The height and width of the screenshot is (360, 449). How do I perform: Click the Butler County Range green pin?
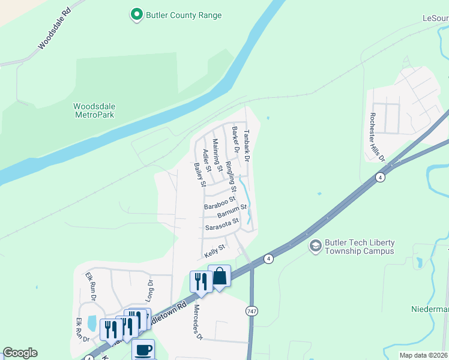point(137,14)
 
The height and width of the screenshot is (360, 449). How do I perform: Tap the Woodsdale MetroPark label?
point(94,111)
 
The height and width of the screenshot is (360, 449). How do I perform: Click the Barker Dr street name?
point(236,140)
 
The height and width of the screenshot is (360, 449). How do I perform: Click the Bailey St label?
point(200,174)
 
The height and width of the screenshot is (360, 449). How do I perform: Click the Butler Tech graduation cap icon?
point(315,245)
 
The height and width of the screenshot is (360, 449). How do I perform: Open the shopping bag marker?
point(219,277)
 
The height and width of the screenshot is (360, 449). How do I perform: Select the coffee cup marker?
point(143,349)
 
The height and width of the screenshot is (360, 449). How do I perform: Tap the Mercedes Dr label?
point(197,322)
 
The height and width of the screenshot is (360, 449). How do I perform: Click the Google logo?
point(20,353)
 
